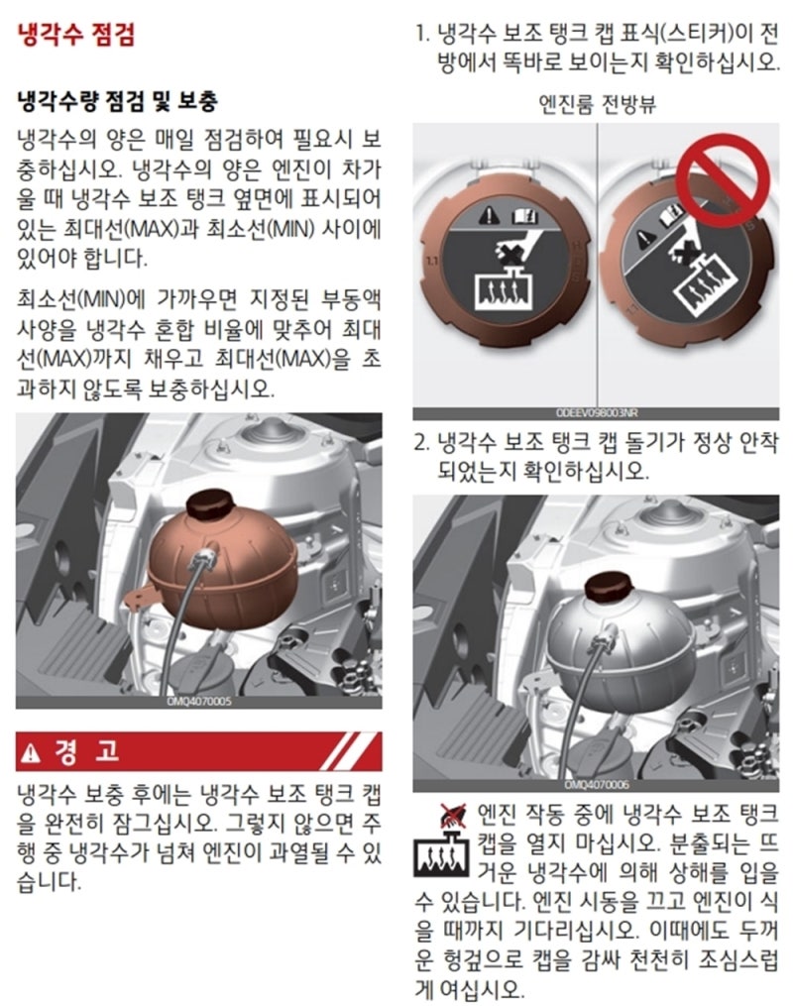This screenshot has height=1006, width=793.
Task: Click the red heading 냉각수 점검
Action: [x=76, y=34]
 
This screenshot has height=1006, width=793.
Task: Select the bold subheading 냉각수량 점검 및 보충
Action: [x=117, y=101]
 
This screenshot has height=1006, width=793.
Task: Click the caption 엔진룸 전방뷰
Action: [x=597, y=103]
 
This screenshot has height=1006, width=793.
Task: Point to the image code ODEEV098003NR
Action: [x=597, y=413]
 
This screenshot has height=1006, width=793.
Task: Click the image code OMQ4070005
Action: [x=199, y=702]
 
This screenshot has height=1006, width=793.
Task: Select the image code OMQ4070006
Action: [x=596, y=785]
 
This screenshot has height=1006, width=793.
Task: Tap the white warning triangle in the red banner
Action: [x=31, y=752]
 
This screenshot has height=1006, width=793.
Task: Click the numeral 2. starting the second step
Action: [x=422, y=443]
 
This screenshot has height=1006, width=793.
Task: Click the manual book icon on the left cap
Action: [x=523, y=216]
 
